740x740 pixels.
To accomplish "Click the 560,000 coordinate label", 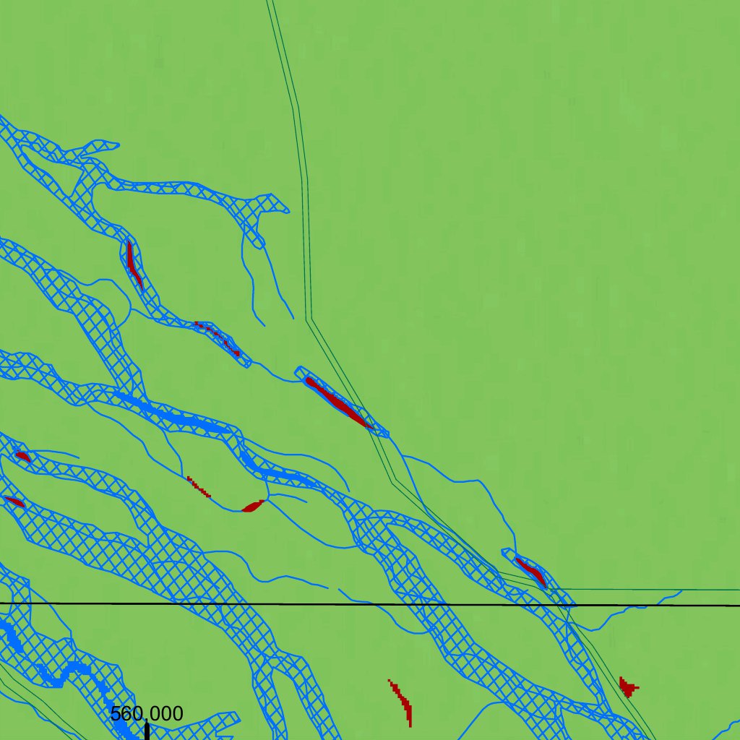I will (147, 714).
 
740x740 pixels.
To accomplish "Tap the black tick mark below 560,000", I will (147, 731).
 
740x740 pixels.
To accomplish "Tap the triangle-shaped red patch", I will (627, 687).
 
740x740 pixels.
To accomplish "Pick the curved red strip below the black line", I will (401, 702).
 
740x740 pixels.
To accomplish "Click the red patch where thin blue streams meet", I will (254, 506).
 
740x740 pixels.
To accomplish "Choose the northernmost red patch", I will (133, 264).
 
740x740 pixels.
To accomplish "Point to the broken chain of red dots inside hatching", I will (218, 337).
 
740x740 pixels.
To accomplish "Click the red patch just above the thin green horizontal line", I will (531, 571).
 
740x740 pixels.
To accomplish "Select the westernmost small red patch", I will (14, 501).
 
